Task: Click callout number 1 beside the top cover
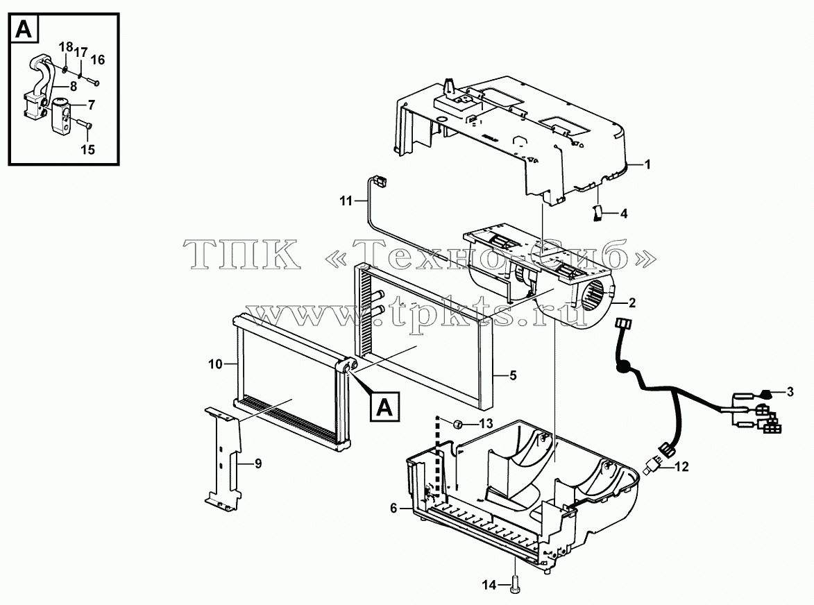click(647, 164)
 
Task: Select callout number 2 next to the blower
click(631, 302)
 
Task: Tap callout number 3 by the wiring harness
click(790, 392)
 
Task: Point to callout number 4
click(623, 213)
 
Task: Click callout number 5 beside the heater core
click(513, 375)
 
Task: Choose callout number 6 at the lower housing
click(393, 509)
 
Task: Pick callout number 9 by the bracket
click(258, 463)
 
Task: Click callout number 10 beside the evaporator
click(215, 364)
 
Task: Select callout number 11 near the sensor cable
click(346, 201)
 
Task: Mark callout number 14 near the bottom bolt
click(489, 586)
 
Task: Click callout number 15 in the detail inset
click(87, 149)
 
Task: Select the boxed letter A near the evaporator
click(384, 407)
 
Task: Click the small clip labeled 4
click(597, 213)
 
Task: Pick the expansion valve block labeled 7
click(61, 114)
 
